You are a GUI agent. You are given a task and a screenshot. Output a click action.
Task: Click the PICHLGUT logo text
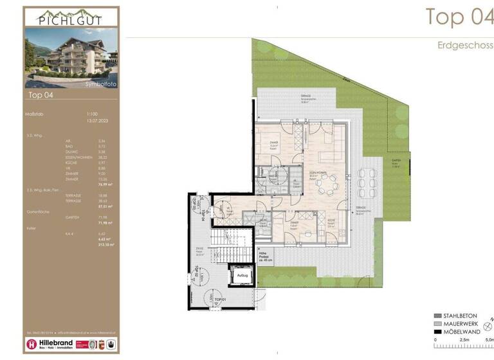(71, 18)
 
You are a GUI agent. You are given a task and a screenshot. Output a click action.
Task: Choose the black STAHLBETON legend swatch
(437, 316)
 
